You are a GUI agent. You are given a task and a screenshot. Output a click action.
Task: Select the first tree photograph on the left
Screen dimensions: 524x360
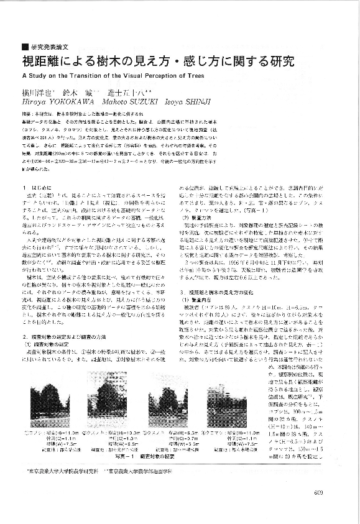point(43,408)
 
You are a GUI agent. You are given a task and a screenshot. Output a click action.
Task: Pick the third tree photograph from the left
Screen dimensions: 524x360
point(164,408)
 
